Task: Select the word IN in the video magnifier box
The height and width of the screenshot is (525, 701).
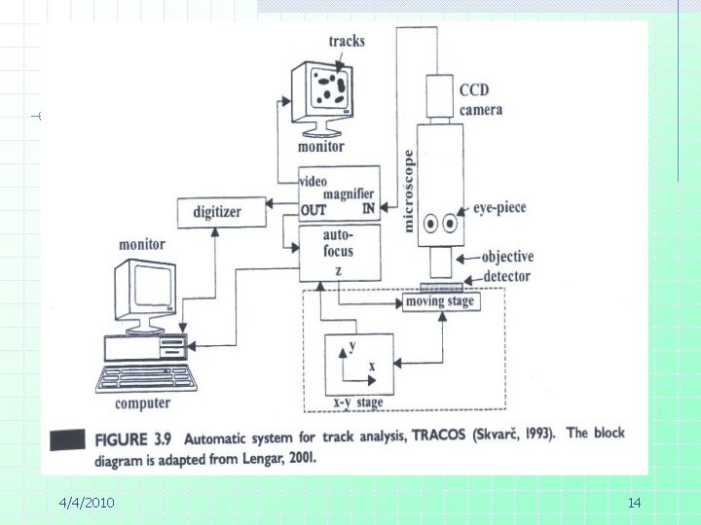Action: [x=368, y=208]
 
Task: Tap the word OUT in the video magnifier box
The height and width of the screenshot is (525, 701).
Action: [x=314, y=210]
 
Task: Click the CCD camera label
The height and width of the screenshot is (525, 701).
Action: [x=481, y=100]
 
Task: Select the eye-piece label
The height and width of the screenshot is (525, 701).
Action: [x=499, y=208]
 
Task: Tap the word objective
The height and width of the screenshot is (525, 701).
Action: [x=507, y=257]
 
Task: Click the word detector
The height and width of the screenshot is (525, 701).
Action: [x=506, y=276]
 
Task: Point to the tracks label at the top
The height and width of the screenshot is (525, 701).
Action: [x=347, y=41]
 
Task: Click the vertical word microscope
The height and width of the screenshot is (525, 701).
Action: [x=408, y=192]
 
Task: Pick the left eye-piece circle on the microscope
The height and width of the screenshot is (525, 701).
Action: [x=430, y=223]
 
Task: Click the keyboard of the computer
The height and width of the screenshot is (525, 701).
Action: [x=146, y=378]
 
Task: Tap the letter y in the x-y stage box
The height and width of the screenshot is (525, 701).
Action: [x=352, y=345]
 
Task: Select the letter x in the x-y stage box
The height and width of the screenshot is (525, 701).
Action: [x=372, y=367]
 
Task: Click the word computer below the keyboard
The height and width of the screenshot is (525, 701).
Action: [x=142, y=403]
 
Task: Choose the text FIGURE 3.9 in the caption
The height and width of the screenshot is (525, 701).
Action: [x=132, y=439]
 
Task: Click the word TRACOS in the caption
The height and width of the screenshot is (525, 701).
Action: [x=438, y=435]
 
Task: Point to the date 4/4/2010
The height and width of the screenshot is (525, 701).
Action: [x=87, y=503]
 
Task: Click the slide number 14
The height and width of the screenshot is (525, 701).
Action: [x=635, y=504]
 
